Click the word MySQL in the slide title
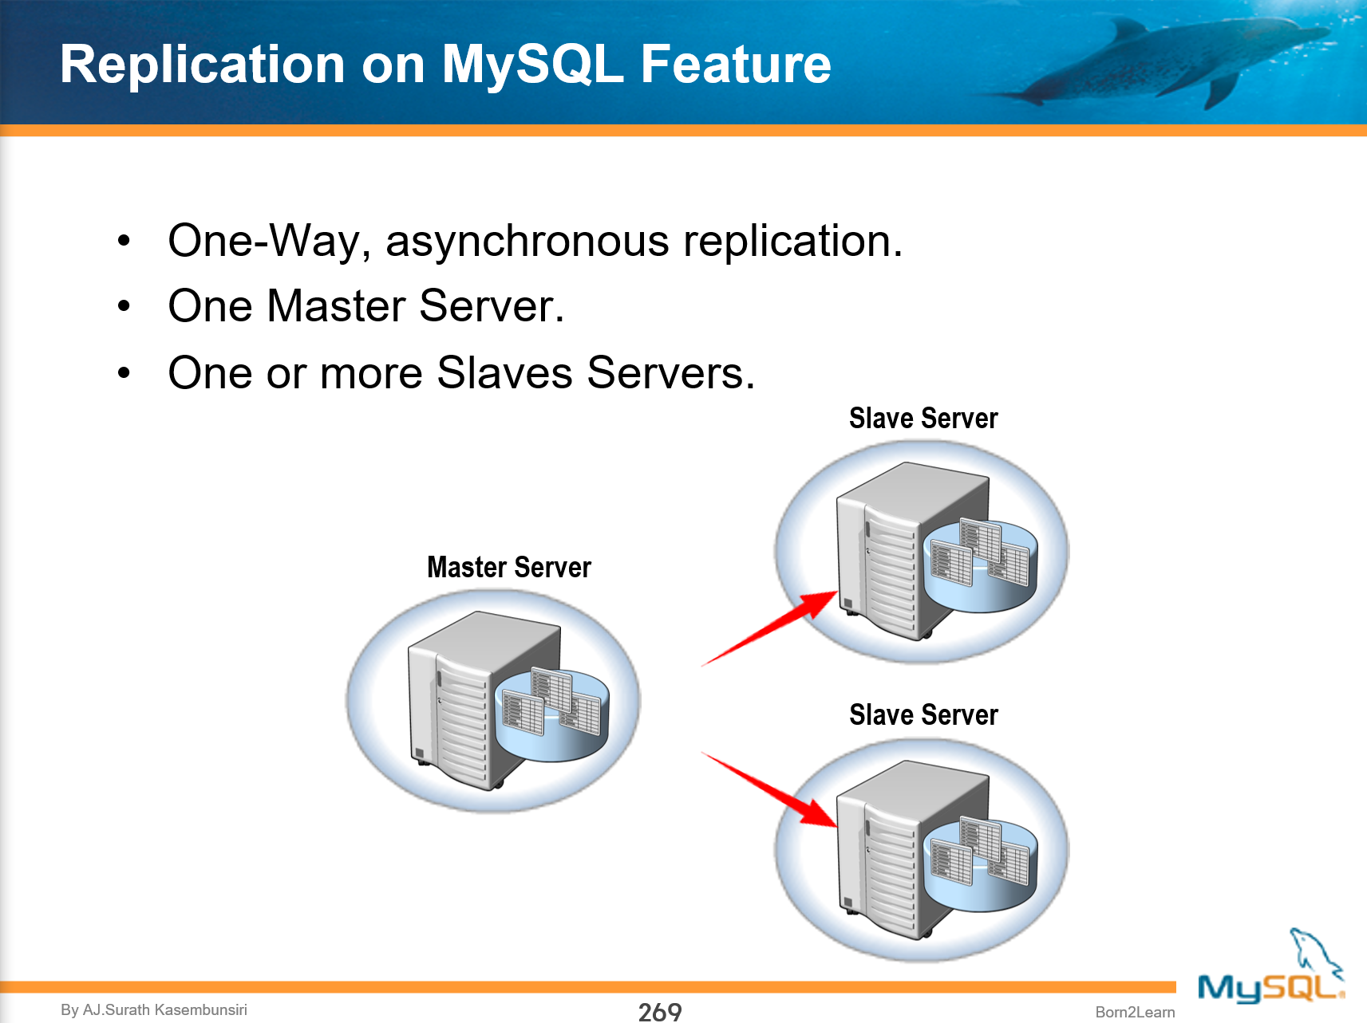(x=532, y=65)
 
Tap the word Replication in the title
(x=202, y=64)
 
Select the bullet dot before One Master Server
(x=124, y=306)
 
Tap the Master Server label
(x=508, y=567)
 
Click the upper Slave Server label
(x=923, y=418)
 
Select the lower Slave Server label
(x=923, y=714)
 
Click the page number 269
(x=659, y=1011)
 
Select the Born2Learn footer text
(x=1134, y=1012)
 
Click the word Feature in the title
(x=735, y=64)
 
